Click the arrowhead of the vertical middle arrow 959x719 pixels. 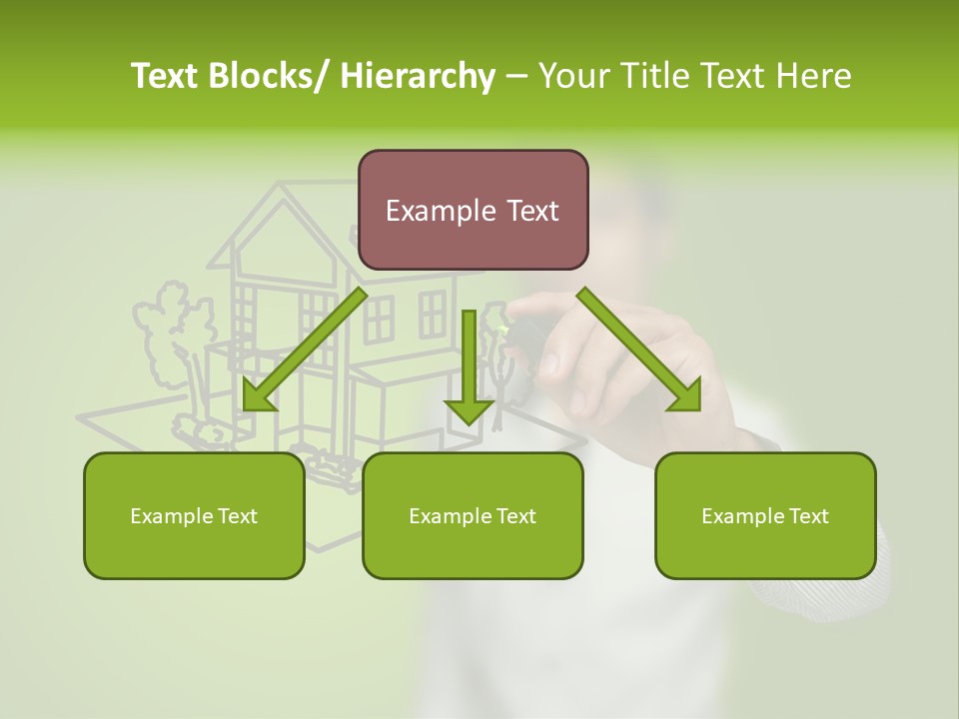(469, 409)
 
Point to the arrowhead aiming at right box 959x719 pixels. (687, 395)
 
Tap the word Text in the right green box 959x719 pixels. (807, 516)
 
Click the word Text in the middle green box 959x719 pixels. (514, 516)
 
